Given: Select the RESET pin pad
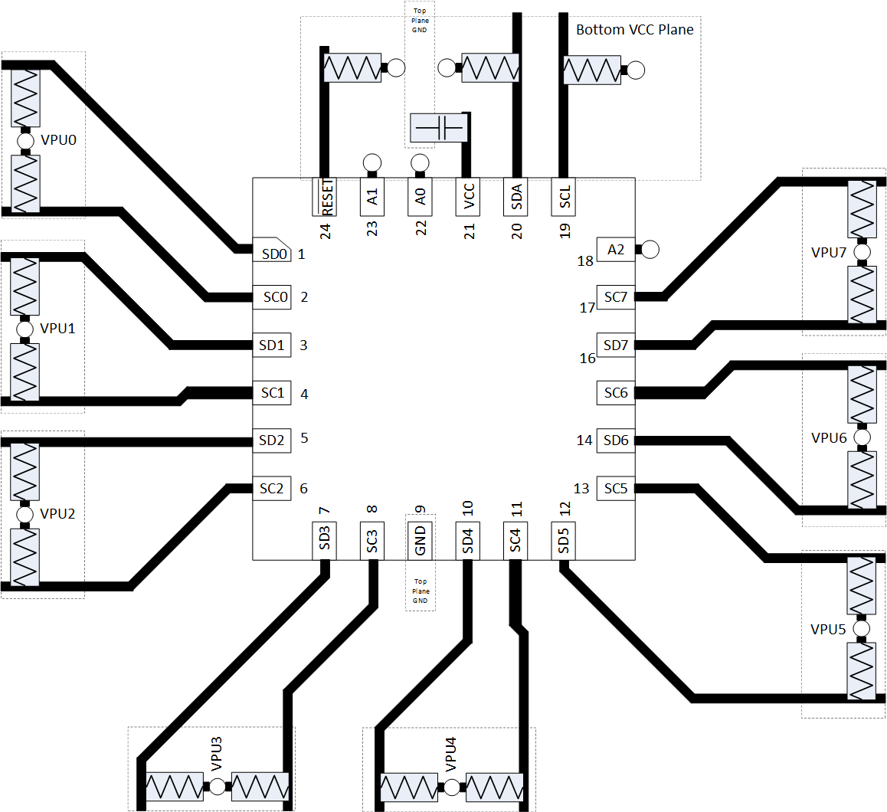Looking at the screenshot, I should (x=326, y=197).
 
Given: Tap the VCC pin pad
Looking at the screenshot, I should (x=468, y=197).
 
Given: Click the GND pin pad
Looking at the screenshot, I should (x=420, y=540).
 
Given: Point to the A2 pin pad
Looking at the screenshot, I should (x=616, y=250).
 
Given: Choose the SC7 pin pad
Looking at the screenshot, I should (x=616, y=297).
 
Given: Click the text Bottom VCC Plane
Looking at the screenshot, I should (x=634, y=30).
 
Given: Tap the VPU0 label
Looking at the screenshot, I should (x=58, y=140).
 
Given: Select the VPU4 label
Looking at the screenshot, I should (x=450, y=754).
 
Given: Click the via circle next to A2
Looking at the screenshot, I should (x=650, y=250).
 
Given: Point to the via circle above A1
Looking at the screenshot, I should (x=372, y=162).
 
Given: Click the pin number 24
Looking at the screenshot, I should (x=326, y=230).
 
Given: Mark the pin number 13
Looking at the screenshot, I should (x=581, y=489).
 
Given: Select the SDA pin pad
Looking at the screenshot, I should (x=516, y=197).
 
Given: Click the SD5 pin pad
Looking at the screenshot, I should (x=563, y=540).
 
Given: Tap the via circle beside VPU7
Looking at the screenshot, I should (x=862, y=251).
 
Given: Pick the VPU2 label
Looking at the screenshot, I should (x=57, y=514).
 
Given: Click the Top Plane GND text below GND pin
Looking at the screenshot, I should (x=421, y=591).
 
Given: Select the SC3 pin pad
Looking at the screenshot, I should (x=372, y=540).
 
